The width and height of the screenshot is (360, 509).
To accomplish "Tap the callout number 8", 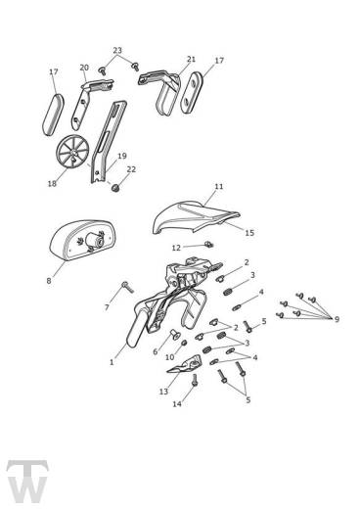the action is [49, 280].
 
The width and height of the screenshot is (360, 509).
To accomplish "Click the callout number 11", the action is [219, 187].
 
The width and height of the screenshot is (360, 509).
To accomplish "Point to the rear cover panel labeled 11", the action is [196, 216].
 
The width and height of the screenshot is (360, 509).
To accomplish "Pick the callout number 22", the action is [131, 169].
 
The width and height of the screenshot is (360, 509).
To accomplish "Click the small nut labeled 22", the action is [114, 188].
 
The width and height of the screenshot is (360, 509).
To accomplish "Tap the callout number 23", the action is [117, 50].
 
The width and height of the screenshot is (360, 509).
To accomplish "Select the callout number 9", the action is [337, 319].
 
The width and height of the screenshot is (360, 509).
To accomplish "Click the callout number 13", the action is [163, 391].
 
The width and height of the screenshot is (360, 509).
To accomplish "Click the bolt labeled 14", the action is [195, 380].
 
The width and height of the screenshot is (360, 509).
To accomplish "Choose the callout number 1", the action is [112, 362].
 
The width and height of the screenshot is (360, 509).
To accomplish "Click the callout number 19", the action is [122, 156].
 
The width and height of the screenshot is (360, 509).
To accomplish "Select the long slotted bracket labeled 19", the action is [108, 142].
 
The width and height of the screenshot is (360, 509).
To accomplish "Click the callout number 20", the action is [84, 68].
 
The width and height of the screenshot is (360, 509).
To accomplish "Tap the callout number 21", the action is [191, 59].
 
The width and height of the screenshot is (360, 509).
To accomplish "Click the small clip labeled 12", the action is [207, 244].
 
